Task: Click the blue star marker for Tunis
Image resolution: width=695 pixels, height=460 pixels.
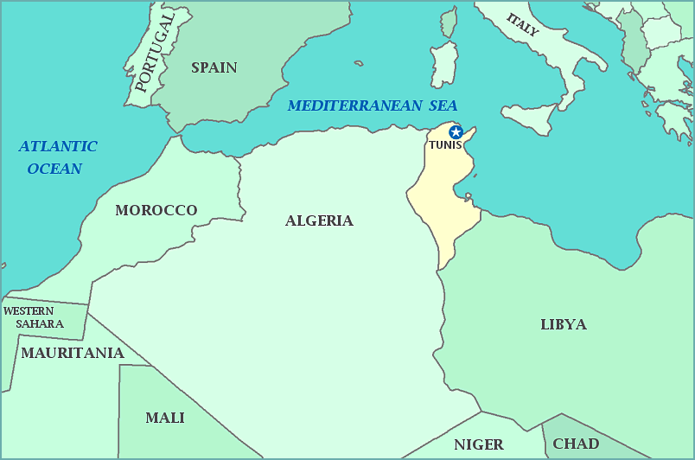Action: click(456, 132)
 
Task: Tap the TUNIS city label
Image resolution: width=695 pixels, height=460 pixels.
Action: click(445, 145)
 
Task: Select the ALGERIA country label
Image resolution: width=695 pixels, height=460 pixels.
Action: click(319, 220)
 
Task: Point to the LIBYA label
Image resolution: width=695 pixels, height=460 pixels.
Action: click(563, 324)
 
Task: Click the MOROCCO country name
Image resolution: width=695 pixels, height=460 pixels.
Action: click(156, 210)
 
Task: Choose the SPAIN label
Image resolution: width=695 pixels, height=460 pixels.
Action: click(214, 67)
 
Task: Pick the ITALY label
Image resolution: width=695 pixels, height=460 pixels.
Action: click(522, 25)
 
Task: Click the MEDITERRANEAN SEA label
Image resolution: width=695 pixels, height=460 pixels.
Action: click(372, 105)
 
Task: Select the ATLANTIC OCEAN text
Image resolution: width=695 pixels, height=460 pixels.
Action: click(57, 157)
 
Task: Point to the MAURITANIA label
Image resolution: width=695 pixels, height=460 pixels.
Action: click(73, 353)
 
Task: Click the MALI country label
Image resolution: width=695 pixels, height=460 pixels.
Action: click(164, 418)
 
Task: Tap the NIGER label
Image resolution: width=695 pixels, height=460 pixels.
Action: click(478, 444)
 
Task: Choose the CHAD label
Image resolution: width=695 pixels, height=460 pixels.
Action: click(576, 444)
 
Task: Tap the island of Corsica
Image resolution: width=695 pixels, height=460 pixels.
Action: click(449, 23)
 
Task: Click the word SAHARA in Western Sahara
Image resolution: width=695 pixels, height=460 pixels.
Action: click(40, 323)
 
